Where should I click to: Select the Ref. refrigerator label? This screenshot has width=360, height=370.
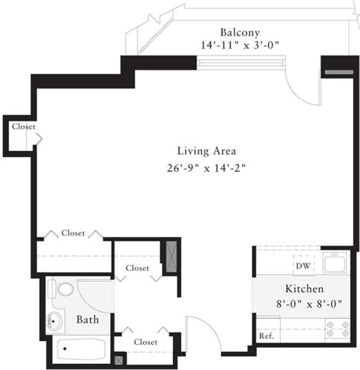point(266,336)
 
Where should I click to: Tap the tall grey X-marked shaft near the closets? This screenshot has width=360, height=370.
point(170,258)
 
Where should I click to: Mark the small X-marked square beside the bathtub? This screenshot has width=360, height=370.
point(120,360)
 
